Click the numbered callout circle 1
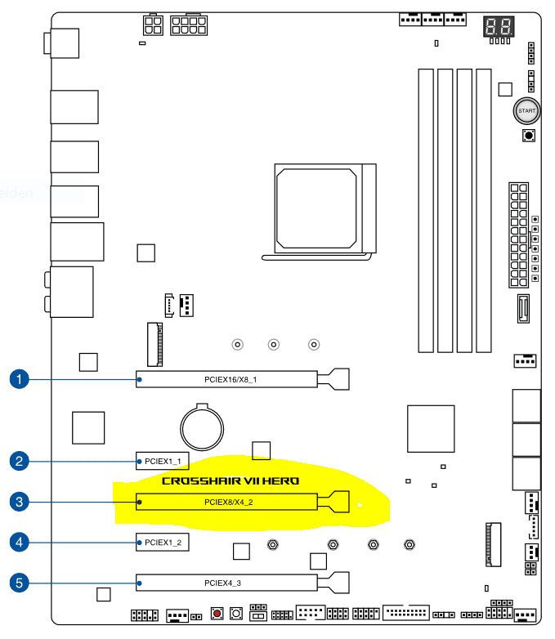tap(20, 379)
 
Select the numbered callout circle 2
tap(20, 461)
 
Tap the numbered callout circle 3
tap(20, 501)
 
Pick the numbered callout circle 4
tap(20, 541)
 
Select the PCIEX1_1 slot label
tap(163, 461)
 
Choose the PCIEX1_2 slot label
tap(163, 542)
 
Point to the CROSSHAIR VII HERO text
tap(231, 481)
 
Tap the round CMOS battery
tap(201, 424)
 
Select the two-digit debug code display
tap(499, 27)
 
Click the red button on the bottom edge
tap(217, 613)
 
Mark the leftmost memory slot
tap(425, 210)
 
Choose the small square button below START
tap(528, 135)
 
